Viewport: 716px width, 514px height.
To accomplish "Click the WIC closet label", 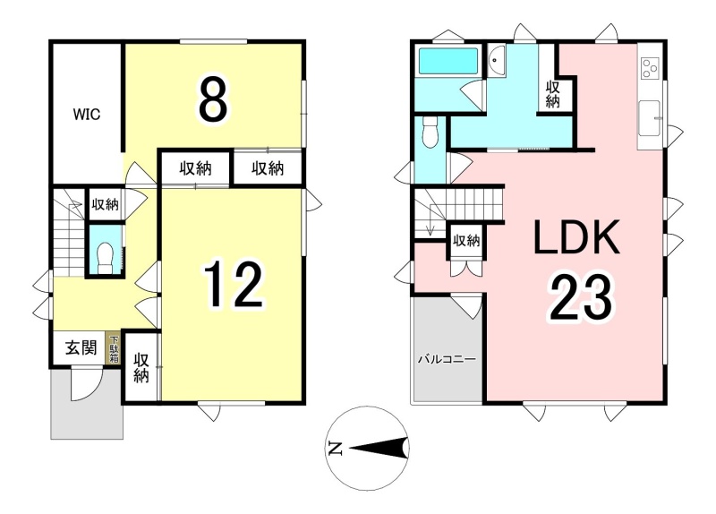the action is [x=87, y=115].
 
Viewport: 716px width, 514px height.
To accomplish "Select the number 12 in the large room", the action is [x=233, y=285].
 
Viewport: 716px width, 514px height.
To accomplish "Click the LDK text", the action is [x=576, y=237].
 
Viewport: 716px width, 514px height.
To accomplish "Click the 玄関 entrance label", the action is [x=81, y=348].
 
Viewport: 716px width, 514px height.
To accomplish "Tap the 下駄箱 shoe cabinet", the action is [x=114, y=348].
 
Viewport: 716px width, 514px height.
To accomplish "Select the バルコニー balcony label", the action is [x=447, y=359].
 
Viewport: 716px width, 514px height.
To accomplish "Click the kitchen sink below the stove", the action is [x=649, y=118].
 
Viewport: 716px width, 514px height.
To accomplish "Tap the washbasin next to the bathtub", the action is [x=496, y=60].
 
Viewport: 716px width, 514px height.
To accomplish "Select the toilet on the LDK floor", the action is [x=430, y=133].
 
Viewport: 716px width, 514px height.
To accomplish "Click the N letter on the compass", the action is [x=335, y=450].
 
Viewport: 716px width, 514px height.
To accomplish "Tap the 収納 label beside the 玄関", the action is [x=141, y=368].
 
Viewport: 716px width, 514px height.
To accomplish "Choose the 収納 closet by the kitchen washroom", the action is [x=553, y=94].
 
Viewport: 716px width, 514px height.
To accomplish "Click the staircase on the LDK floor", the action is [x=458, y=211].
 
